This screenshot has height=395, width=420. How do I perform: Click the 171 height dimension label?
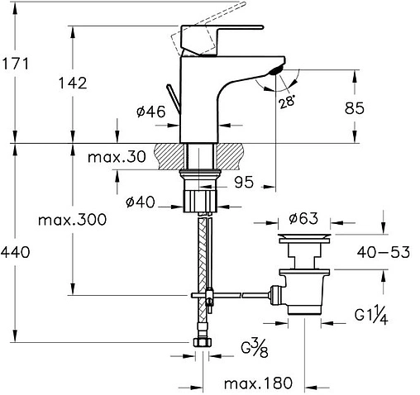tap(16, 64)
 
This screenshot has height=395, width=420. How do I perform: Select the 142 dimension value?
tap(73, 83)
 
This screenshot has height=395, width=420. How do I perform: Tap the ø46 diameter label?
tap(151, 112)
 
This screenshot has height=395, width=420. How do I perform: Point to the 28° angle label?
tap(287, 101)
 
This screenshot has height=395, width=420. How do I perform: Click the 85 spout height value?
tap(355, 108)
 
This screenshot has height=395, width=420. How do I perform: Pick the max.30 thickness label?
tap(117, 157)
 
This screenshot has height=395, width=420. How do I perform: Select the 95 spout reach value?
tap(244, 182)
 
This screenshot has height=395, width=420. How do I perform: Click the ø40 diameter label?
tap(141, 202)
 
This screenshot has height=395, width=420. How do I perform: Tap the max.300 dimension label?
tap(72, 220)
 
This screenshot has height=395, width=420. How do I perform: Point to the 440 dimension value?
tap(15, 252)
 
